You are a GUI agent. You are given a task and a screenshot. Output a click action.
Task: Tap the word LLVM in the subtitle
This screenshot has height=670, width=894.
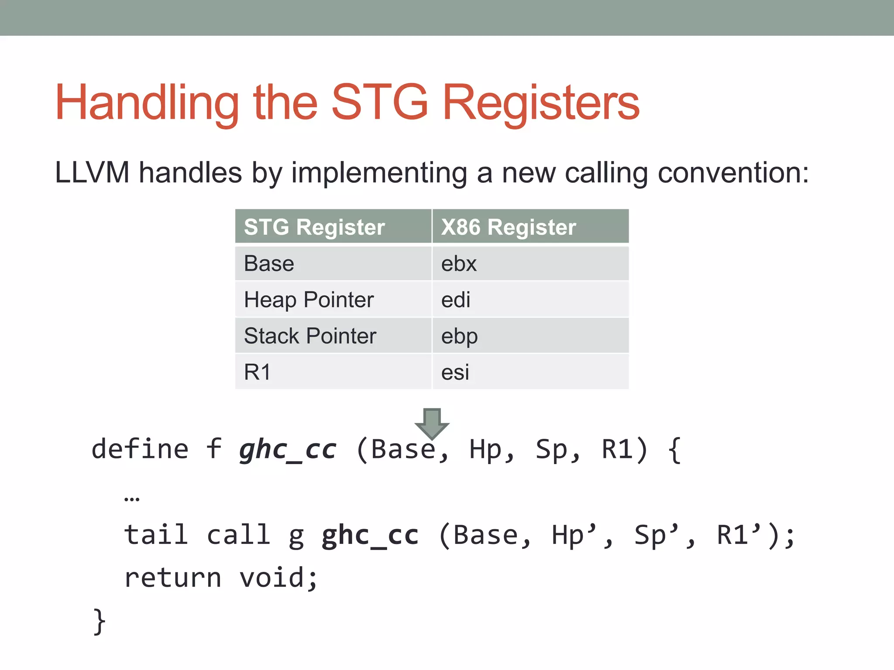click(92, 173)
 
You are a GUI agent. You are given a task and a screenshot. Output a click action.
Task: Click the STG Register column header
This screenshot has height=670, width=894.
click(314, 227)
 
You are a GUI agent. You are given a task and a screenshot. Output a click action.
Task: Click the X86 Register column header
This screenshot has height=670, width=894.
click(509, 227)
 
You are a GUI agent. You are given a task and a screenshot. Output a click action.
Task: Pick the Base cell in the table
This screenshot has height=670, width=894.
click(269, 263)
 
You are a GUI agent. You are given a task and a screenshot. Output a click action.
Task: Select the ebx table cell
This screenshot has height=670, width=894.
click(459, 264)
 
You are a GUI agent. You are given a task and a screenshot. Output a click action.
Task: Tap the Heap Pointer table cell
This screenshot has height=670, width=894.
click(309, 300)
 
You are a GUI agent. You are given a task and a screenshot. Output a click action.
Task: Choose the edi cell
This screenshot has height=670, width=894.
click(456, 300)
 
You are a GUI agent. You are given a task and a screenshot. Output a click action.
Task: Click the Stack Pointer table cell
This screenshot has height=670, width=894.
click(310, 336)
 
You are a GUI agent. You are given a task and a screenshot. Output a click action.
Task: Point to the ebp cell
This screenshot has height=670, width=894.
click(459, 336)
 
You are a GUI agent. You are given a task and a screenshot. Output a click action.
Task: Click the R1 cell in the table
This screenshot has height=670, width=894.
click(257, 372)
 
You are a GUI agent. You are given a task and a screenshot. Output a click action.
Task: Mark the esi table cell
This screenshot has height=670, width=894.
click(455, 373)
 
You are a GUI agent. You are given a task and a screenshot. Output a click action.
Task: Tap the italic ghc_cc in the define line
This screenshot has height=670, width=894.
click(288, 449)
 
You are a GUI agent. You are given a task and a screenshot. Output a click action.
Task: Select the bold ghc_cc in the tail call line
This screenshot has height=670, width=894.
click(370, 535)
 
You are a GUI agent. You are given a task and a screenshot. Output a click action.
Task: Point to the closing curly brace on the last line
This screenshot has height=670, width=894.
click(100, 621)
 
